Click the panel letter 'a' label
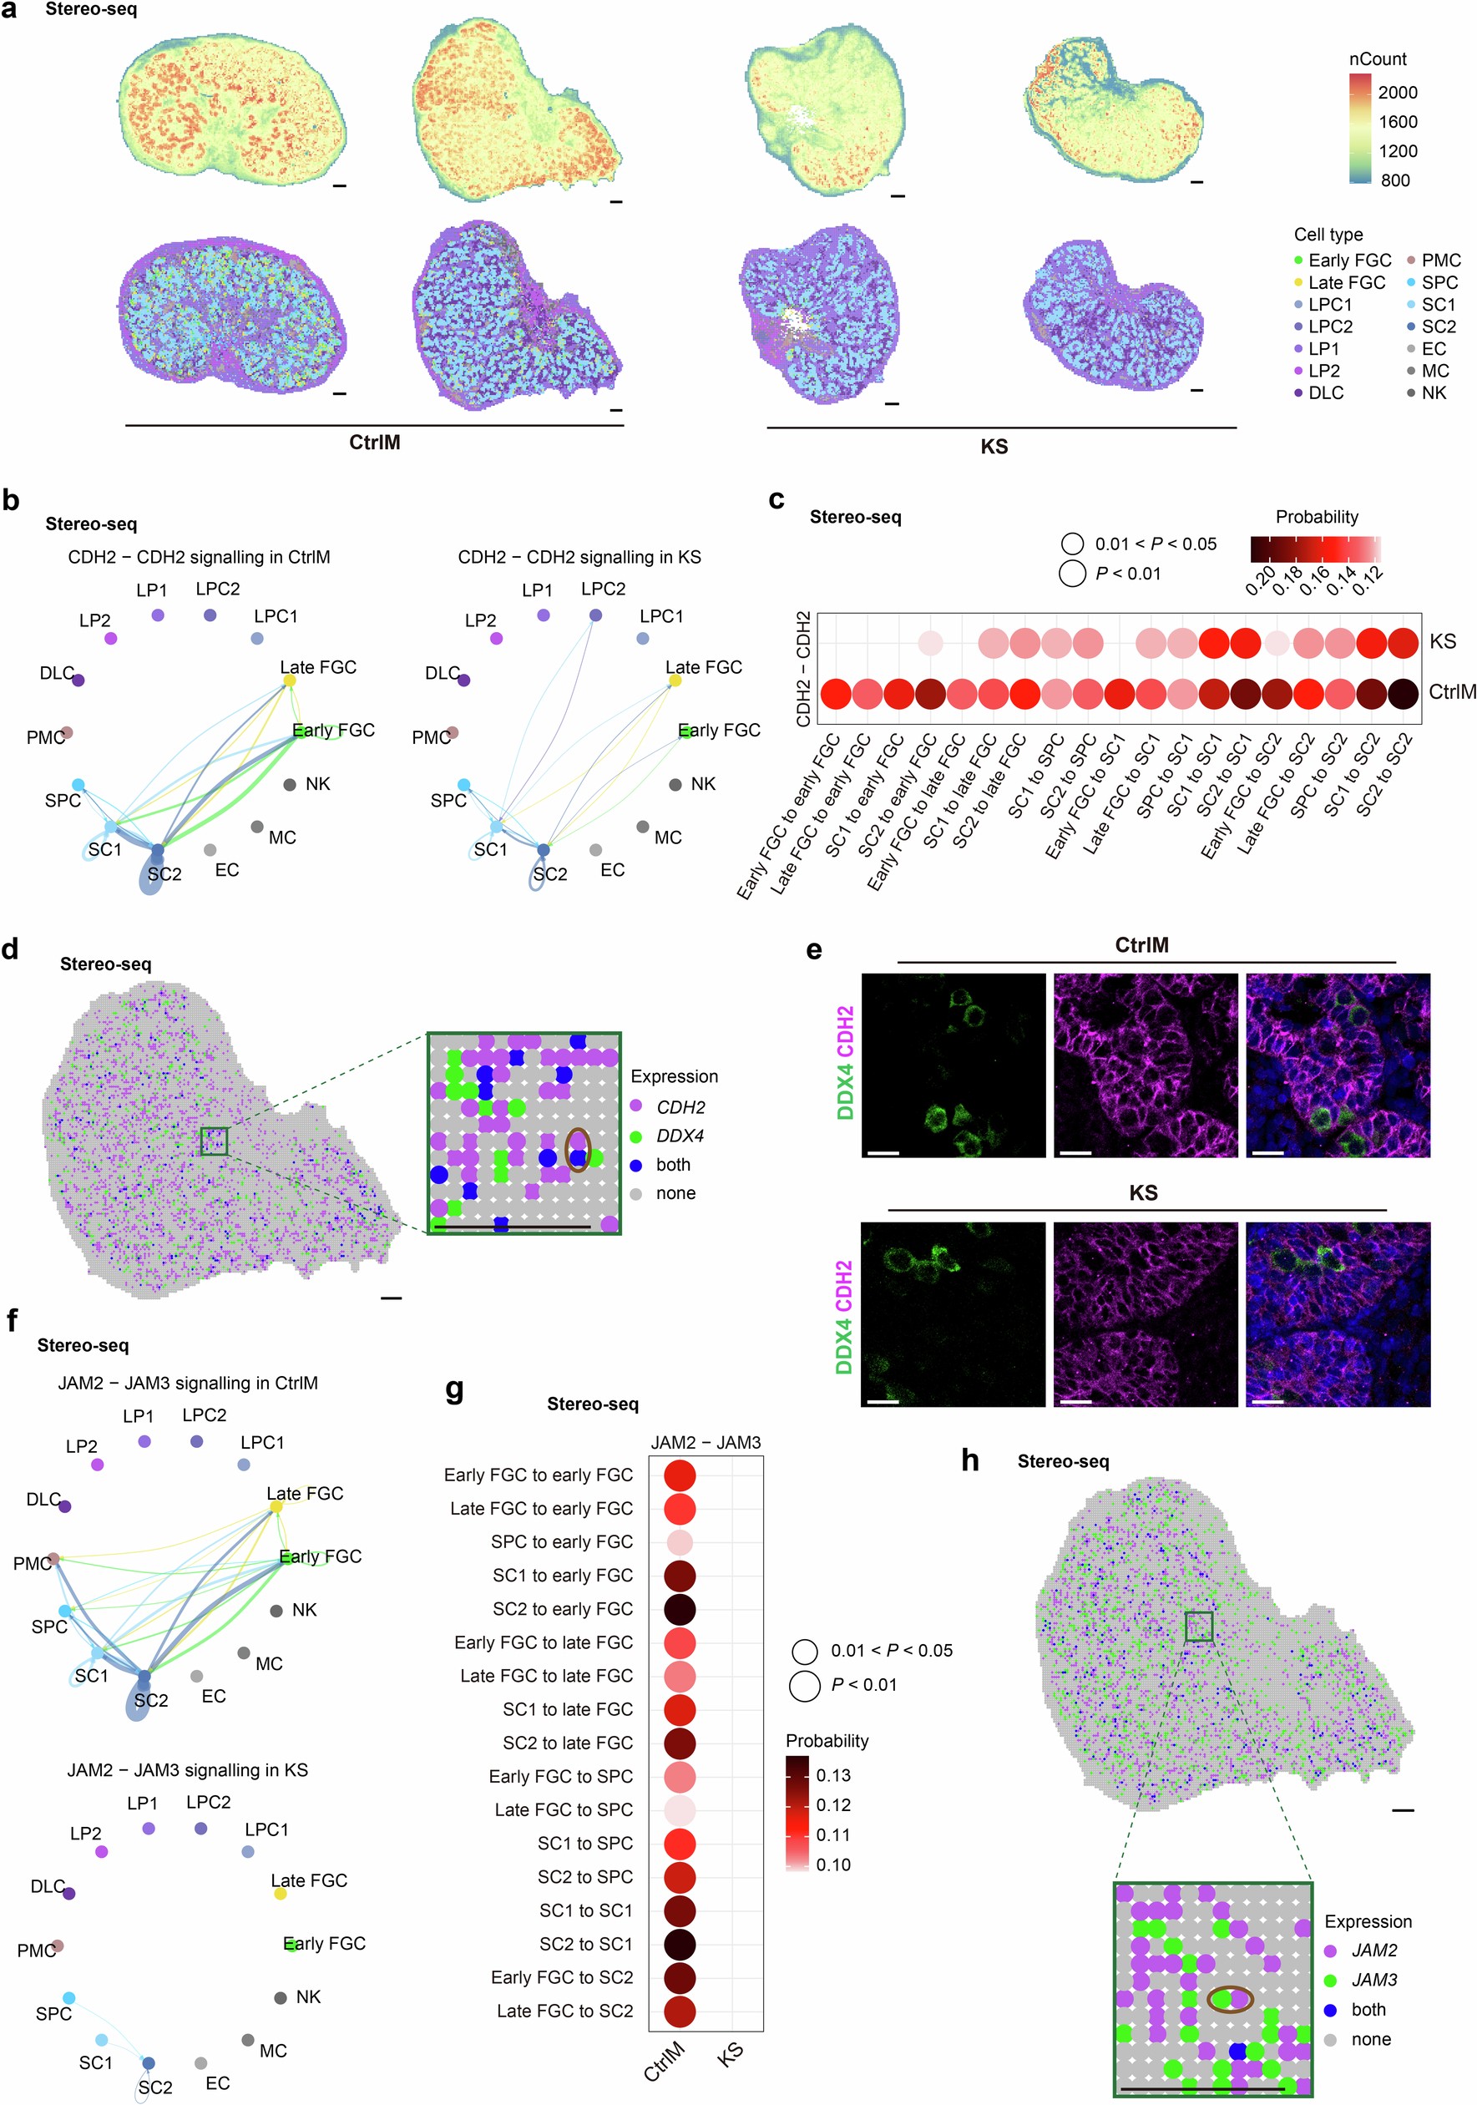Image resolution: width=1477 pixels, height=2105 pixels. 9,11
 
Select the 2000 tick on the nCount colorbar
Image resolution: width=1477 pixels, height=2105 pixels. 1396,93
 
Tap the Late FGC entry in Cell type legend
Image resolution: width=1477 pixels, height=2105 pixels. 1345,282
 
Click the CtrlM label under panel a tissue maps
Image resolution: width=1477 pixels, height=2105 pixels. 374,443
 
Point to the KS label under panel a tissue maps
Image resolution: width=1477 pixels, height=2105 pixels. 994,448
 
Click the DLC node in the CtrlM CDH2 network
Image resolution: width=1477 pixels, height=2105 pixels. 78,680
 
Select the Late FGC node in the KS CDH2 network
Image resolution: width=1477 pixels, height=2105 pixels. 675,681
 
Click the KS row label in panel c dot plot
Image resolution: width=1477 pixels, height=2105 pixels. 1442,640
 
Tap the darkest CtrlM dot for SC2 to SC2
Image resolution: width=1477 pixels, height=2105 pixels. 1402,694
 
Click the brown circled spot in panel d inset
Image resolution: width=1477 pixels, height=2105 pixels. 578,1149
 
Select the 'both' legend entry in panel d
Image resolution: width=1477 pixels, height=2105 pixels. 672,1164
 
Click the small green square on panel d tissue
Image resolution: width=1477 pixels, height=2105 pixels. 214,1141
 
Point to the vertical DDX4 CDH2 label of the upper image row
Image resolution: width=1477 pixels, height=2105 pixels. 844,1064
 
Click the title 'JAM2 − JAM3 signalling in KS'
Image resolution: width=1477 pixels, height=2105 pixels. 187,1769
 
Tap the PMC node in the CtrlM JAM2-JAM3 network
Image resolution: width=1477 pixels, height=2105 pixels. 54,1559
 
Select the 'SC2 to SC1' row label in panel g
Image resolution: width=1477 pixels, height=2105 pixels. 585,1944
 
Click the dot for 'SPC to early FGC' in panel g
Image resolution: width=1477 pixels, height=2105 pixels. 680,1542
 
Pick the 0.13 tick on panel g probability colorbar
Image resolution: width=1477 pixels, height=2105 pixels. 832,1775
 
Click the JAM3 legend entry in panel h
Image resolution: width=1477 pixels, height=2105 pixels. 1373,1980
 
